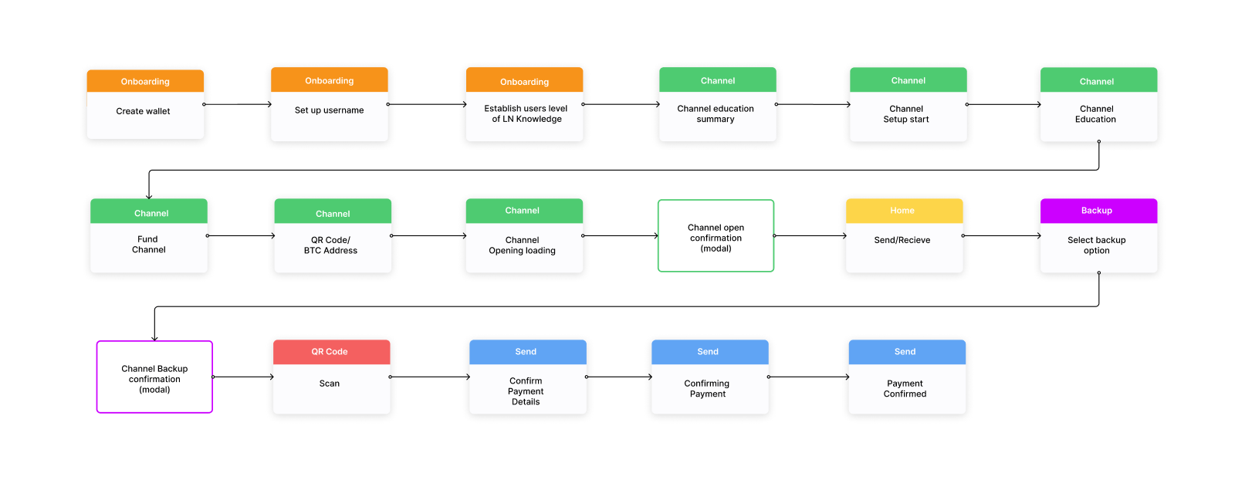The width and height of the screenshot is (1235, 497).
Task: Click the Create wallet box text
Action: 144,111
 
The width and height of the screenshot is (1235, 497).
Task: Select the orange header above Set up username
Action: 329,80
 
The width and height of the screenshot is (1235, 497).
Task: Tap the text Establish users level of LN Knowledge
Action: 526,113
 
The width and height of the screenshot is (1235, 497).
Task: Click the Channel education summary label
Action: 716,113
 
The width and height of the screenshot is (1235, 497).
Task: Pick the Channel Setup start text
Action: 906,113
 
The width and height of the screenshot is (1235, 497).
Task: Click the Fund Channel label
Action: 148,245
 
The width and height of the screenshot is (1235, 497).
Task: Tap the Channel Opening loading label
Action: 522,245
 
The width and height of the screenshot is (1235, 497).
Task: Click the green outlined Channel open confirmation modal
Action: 716,238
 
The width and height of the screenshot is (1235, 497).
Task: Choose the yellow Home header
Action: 902,211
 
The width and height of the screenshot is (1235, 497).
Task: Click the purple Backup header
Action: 1096,211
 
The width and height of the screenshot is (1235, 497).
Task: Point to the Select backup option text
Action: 1096,245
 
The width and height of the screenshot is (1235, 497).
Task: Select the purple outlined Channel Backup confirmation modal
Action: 154,379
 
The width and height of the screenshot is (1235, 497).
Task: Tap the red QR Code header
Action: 330,352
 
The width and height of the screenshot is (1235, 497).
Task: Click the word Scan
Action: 330,384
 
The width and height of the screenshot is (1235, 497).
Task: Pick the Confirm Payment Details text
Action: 526,391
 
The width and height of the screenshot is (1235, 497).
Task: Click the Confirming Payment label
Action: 707,389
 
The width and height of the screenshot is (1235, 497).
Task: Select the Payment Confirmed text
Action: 905,389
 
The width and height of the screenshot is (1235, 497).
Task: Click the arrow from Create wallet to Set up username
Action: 238,104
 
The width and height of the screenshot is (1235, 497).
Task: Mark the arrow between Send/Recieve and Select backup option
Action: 1002,235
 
